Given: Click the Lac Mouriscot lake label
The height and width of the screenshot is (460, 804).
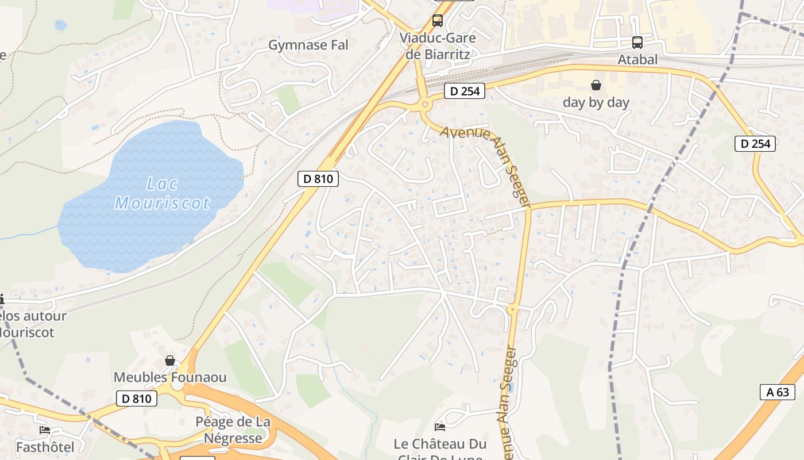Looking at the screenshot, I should click(163, 194).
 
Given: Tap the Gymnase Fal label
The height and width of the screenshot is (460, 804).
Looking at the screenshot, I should click(308, 45).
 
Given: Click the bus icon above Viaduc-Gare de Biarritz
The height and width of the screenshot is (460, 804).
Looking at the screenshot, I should click(438, 21).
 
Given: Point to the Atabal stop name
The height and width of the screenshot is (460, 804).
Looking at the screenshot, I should click(637, 60).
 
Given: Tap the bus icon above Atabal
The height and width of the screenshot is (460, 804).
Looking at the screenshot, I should click(637, 42).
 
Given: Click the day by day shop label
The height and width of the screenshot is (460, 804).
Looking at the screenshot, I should click(596, 102).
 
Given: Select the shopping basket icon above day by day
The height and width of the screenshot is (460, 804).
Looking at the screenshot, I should click(596, 85).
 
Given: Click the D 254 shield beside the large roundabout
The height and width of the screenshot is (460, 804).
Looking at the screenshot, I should click(465, 91).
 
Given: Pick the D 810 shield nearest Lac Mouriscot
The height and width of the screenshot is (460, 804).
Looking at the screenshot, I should click(318, 179).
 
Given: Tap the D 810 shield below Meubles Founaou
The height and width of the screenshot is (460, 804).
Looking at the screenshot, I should click(137, 398).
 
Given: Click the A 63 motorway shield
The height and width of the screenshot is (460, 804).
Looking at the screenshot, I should click(778, 392).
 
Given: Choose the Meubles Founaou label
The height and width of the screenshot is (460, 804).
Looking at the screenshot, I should click(170, 378).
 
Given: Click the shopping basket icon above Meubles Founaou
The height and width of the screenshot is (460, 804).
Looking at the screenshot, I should click(170, 361).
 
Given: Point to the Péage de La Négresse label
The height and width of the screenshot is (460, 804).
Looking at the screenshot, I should click(233, 430).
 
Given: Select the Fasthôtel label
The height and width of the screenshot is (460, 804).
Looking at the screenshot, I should click(45, 447).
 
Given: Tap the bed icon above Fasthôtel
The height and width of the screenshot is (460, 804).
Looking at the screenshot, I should click(45, 430).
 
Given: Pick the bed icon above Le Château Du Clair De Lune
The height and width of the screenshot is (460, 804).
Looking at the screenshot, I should click(440, 427).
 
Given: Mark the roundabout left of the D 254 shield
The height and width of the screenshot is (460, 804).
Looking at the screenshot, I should click(425, 104).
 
